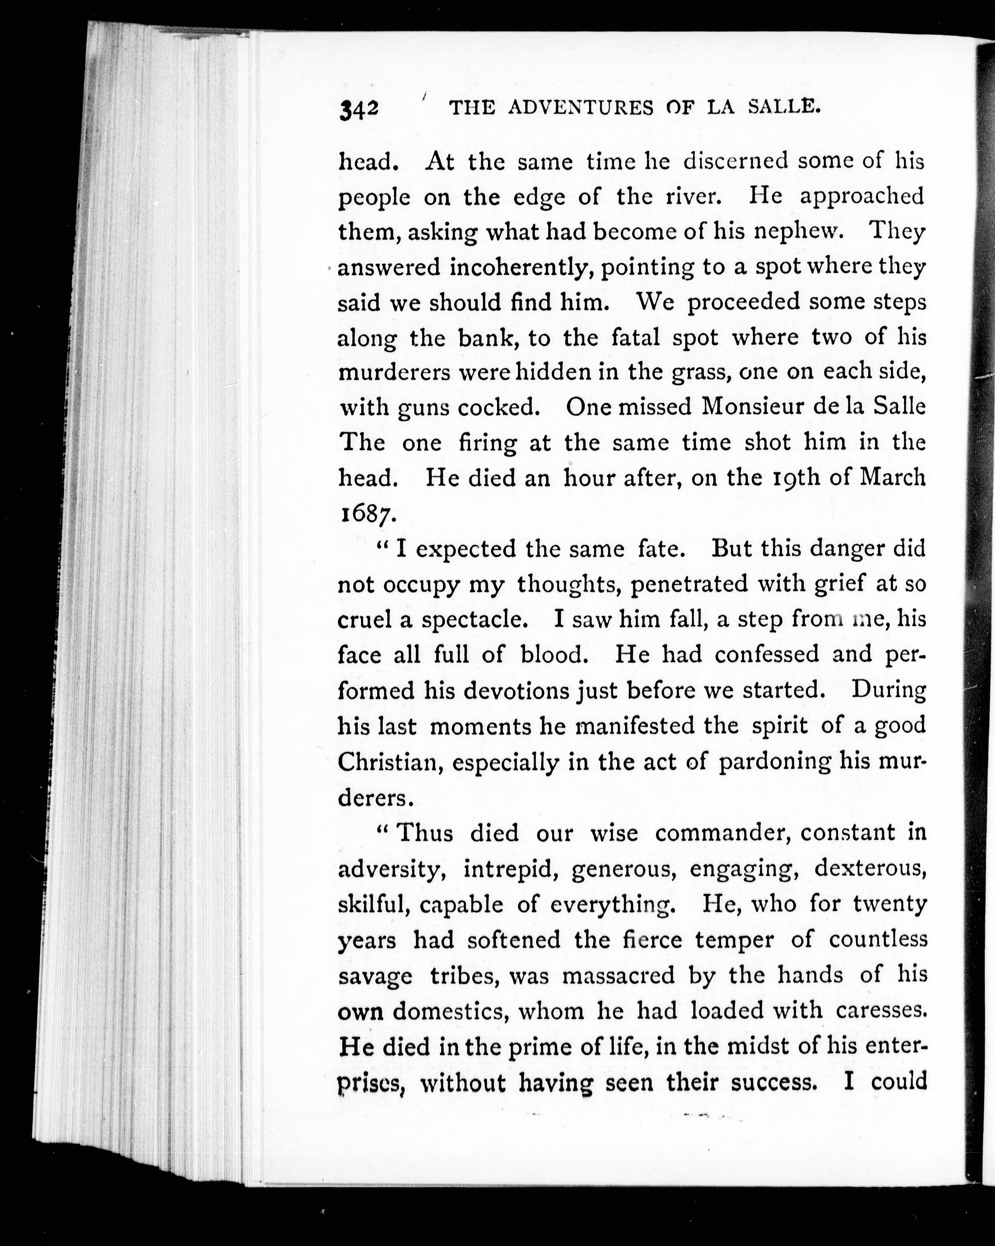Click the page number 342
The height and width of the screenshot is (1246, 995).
[359, 109]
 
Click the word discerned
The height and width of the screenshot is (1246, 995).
[735, 161]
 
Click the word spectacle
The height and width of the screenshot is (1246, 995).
[474, 620]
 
